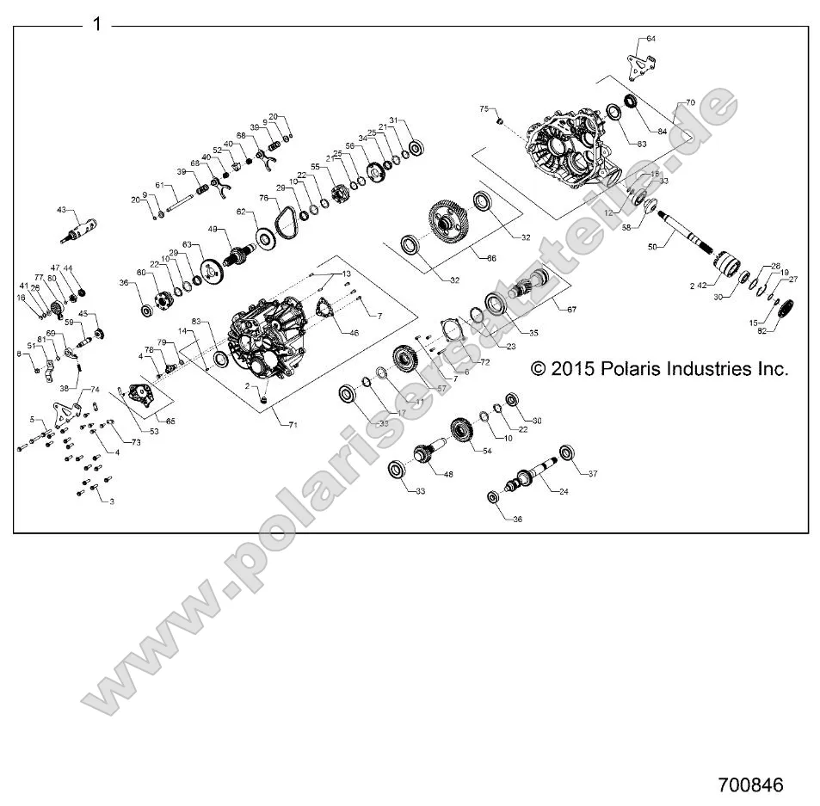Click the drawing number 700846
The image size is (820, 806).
[x=750, y=784]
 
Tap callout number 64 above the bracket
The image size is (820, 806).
[x=650, y=39]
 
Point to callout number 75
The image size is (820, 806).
[x=484, y=108]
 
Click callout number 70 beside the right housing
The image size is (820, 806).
[x=689, y=102]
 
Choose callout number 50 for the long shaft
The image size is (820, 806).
[x=650, y=247]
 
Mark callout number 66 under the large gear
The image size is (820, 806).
[x=491, y=257]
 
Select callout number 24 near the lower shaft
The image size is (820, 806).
[x=564, y=492]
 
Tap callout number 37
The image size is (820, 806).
[x=592, y=473]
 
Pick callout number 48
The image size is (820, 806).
[x=447, y=473]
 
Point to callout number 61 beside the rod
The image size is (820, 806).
[x=158, y=185]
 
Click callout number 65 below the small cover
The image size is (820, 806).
[x=170, y=421]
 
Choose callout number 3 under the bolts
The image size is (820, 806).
[x=110, y=500]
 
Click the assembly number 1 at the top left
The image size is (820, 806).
[x=96, y=24]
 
